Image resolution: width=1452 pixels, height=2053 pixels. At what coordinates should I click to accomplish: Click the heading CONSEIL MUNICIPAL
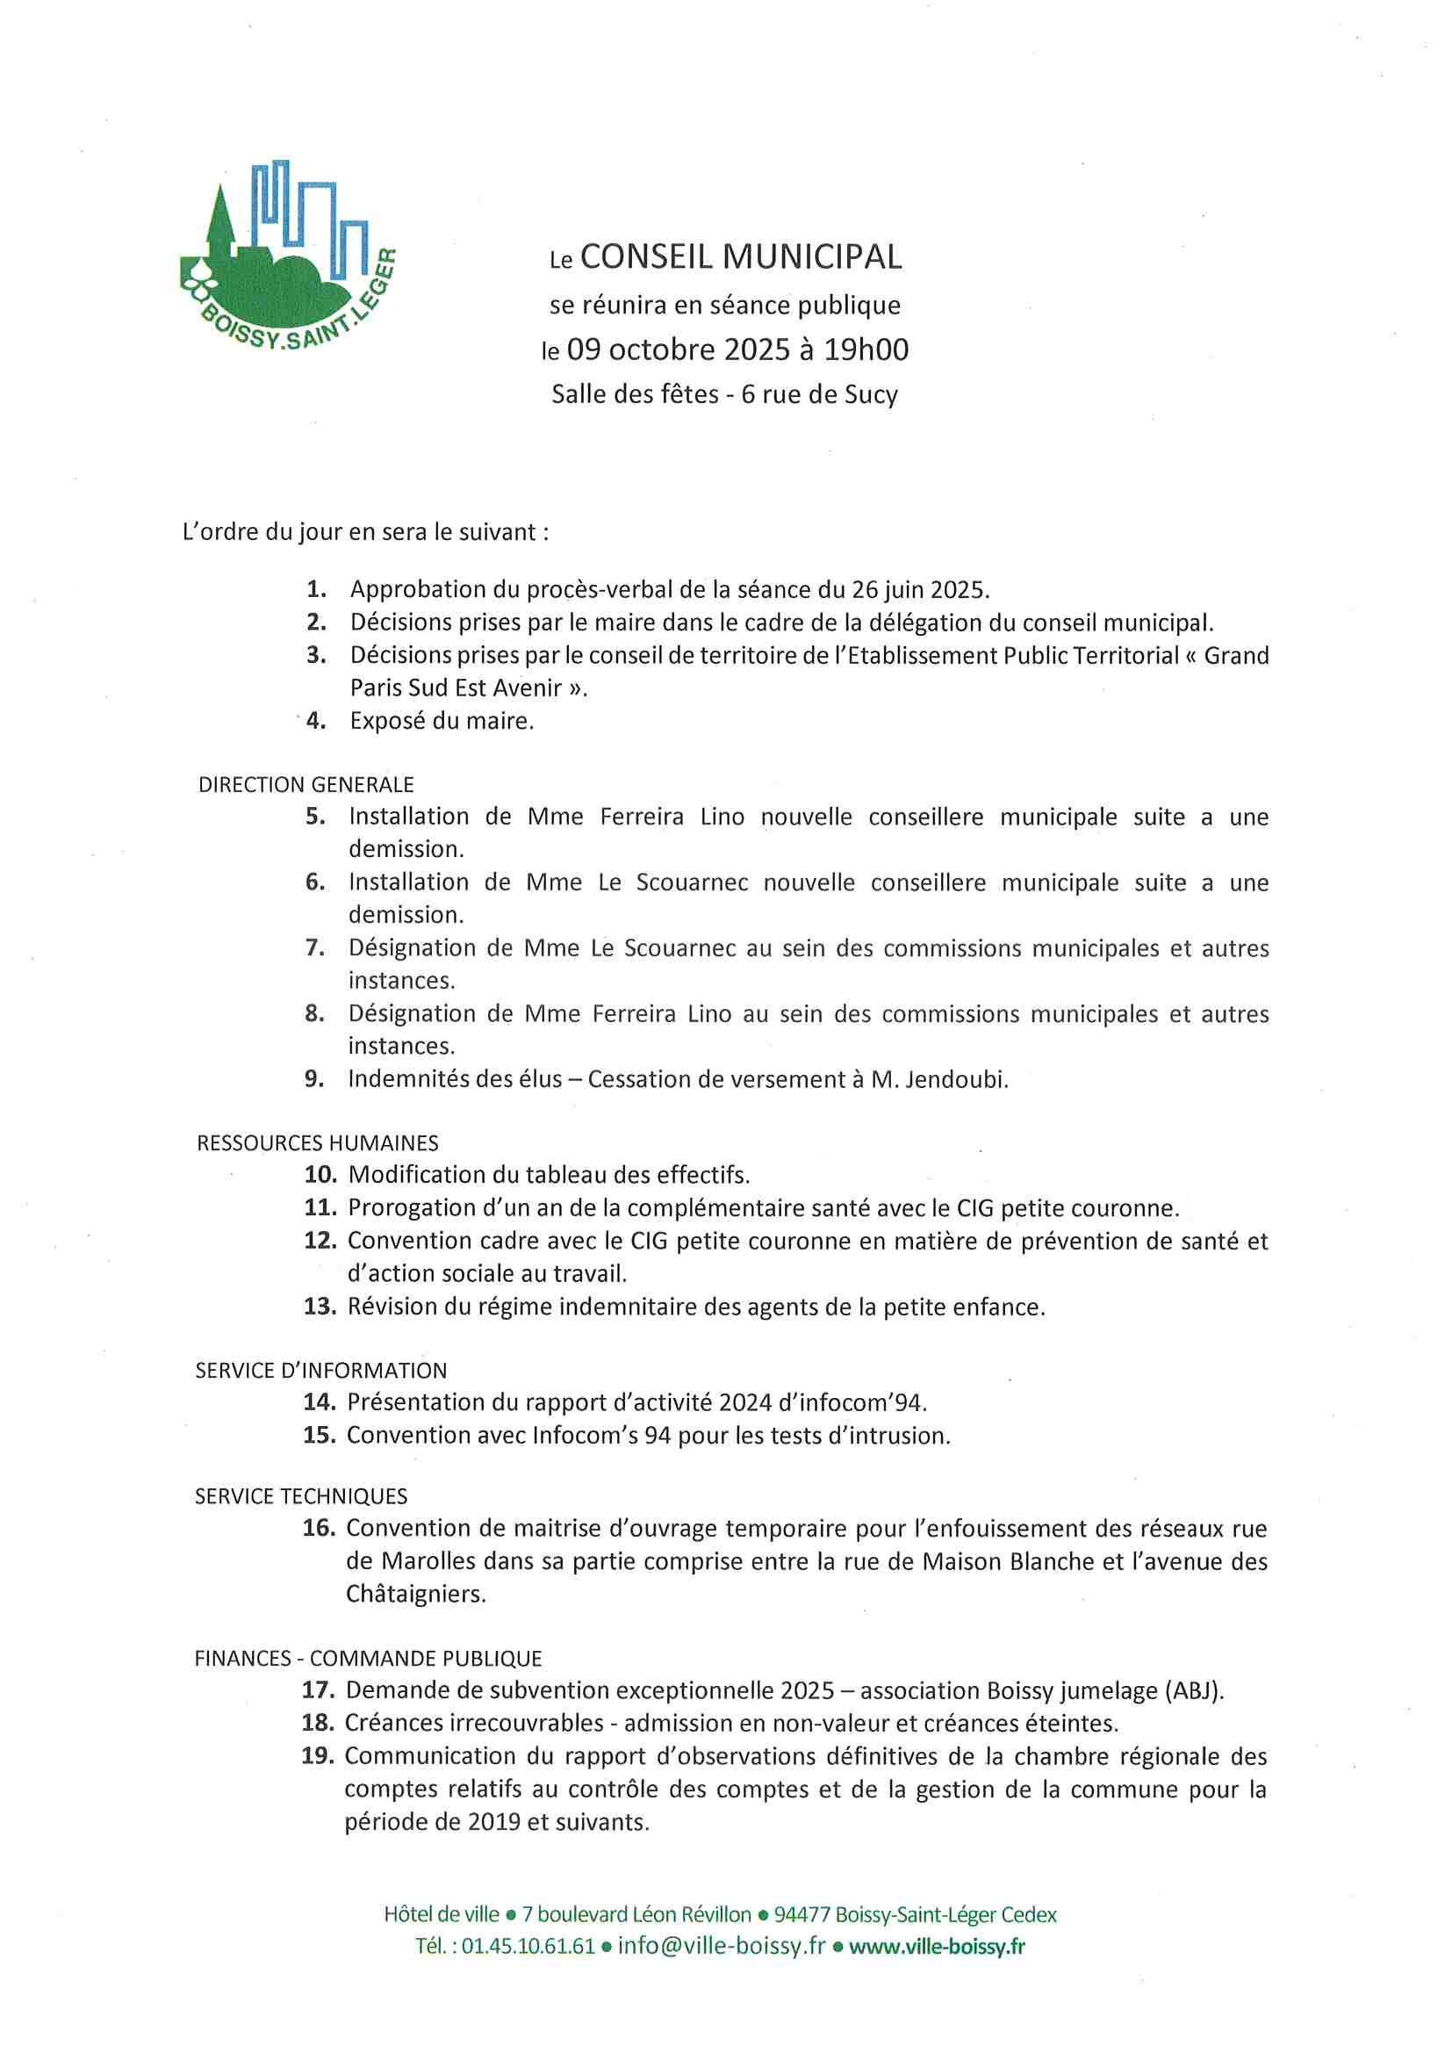point(740,257)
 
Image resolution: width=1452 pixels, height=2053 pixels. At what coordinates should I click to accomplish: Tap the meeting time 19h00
point(866,349)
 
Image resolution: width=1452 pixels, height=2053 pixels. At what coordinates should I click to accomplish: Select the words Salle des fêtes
point(635,394)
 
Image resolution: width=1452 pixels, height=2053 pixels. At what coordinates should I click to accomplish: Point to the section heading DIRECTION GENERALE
point(305,784)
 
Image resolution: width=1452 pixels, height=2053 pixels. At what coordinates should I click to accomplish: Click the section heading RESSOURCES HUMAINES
point(318,1142)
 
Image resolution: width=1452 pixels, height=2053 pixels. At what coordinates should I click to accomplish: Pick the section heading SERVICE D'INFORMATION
point(321,1370)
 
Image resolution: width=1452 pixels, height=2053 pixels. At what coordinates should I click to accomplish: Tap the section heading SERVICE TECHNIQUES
point(300,1496)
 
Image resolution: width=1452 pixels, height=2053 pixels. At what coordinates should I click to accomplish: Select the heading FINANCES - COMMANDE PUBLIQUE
point(368,1658)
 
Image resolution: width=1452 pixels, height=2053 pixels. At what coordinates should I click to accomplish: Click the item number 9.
point(313,1079)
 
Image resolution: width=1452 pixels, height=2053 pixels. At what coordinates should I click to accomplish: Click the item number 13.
point(320,1307)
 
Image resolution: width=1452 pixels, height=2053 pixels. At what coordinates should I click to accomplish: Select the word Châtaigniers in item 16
point(416,1594)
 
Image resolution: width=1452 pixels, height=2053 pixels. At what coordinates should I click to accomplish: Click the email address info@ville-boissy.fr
point(721,1947)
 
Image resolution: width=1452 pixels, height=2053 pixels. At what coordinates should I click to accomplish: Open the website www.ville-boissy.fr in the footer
point(936,1947)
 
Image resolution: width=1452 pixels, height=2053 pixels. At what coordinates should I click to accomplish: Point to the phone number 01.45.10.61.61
point(528,1947)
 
